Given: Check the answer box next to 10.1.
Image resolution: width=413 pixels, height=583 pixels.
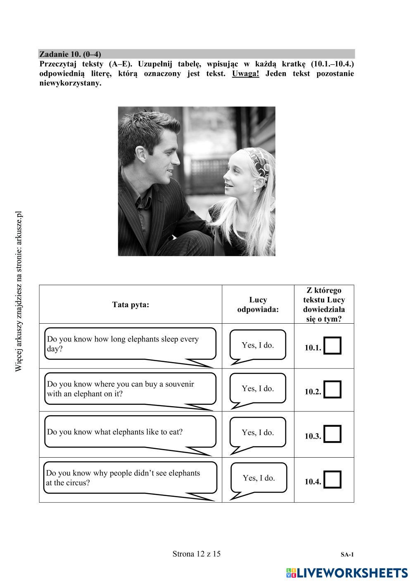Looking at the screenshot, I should tap(332, 346).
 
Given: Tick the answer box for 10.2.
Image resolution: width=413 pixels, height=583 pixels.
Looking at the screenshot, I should tap(332, 389).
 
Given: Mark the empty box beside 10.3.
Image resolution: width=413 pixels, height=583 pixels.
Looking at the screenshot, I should tap(332, 434).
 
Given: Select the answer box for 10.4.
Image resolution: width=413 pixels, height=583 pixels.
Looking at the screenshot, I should tap(332, 479).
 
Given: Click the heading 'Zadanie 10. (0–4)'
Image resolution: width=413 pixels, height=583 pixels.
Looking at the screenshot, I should tap(70, 54).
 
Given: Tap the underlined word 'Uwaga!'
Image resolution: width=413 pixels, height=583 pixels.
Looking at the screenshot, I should tap(246, 74).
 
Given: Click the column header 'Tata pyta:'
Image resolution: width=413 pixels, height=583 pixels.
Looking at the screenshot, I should tap(131, 305).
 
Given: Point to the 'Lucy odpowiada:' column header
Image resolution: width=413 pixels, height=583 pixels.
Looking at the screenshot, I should tap(258, 305).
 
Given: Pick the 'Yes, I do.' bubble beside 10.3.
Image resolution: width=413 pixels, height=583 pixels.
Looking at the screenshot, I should tap(258, 433).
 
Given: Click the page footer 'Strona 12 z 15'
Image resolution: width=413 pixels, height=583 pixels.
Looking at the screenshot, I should tap(197, 554).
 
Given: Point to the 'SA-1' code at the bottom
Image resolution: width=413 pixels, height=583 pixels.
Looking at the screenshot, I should tap(347, 555).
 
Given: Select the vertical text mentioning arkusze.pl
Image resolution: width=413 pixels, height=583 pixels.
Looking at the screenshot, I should tap(19, 291).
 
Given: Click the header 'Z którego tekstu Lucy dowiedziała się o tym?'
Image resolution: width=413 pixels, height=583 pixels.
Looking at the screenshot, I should tap(324, 304).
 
